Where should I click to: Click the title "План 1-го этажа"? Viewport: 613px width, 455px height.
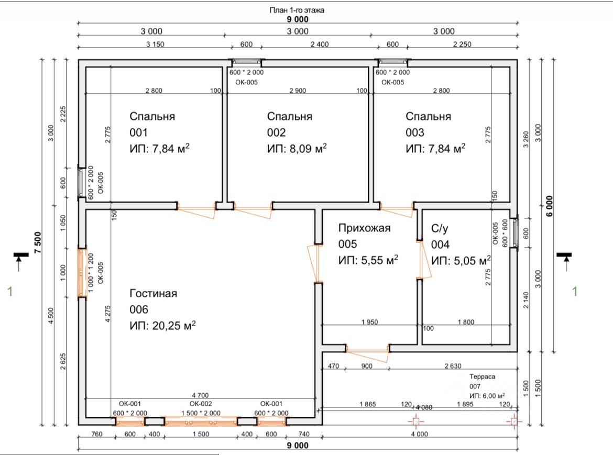pos(297,10)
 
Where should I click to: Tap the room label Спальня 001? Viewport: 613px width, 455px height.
pos(152,124)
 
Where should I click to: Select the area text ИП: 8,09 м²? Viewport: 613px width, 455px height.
pos(297,148)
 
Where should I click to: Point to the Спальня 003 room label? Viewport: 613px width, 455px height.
pos(428,124)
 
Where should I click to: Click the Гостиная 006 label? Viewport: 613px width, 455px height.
pos(153,301)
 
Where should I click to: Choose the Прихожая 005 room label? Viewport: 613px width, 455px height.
pos(364,236)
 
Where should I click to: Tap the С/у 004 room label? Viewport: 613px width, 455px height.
pos(440,237)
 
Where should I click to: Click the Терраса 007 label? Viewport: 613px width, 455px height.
pos(482,381)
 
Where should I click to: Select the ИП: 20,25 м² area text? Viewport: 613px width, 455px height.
pos(162,325)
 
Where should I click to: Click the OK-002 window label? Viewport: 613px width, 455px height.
pos(201,404)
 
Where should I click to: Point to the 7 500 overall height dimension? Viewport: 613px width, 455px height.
pos(38,242)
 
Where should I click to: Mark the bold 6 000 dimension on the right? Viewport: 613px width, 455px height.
pos(550,206)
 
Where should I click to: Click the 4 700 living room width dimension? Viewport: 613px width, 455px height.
pos(200,395)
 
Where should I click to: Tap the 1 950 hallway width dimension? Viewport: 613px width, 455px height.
pos(369,322)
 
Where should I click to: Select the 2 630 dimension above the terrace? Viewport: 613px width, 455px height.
pos(453,366)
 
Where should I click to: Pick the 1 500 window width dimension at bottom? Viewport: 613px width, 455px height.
pos(201,434)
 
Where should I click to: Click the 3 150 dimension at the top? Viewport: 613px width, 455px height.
pos(155,44)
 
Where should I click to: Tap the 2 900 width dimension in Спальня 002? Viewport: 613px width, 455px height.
pos(298,90)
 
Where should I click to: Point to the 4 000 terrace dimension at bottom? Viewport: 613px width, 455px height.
pos(420,434)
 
